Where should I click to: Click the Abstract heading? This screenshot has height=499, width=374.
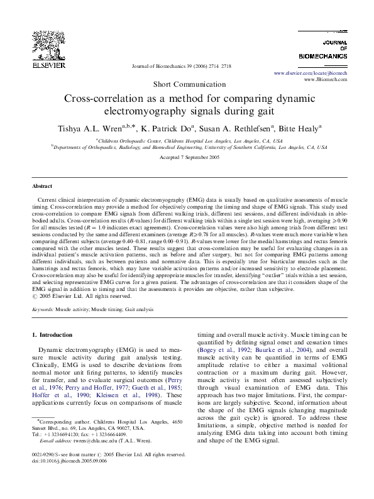(x=43, y=187)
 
